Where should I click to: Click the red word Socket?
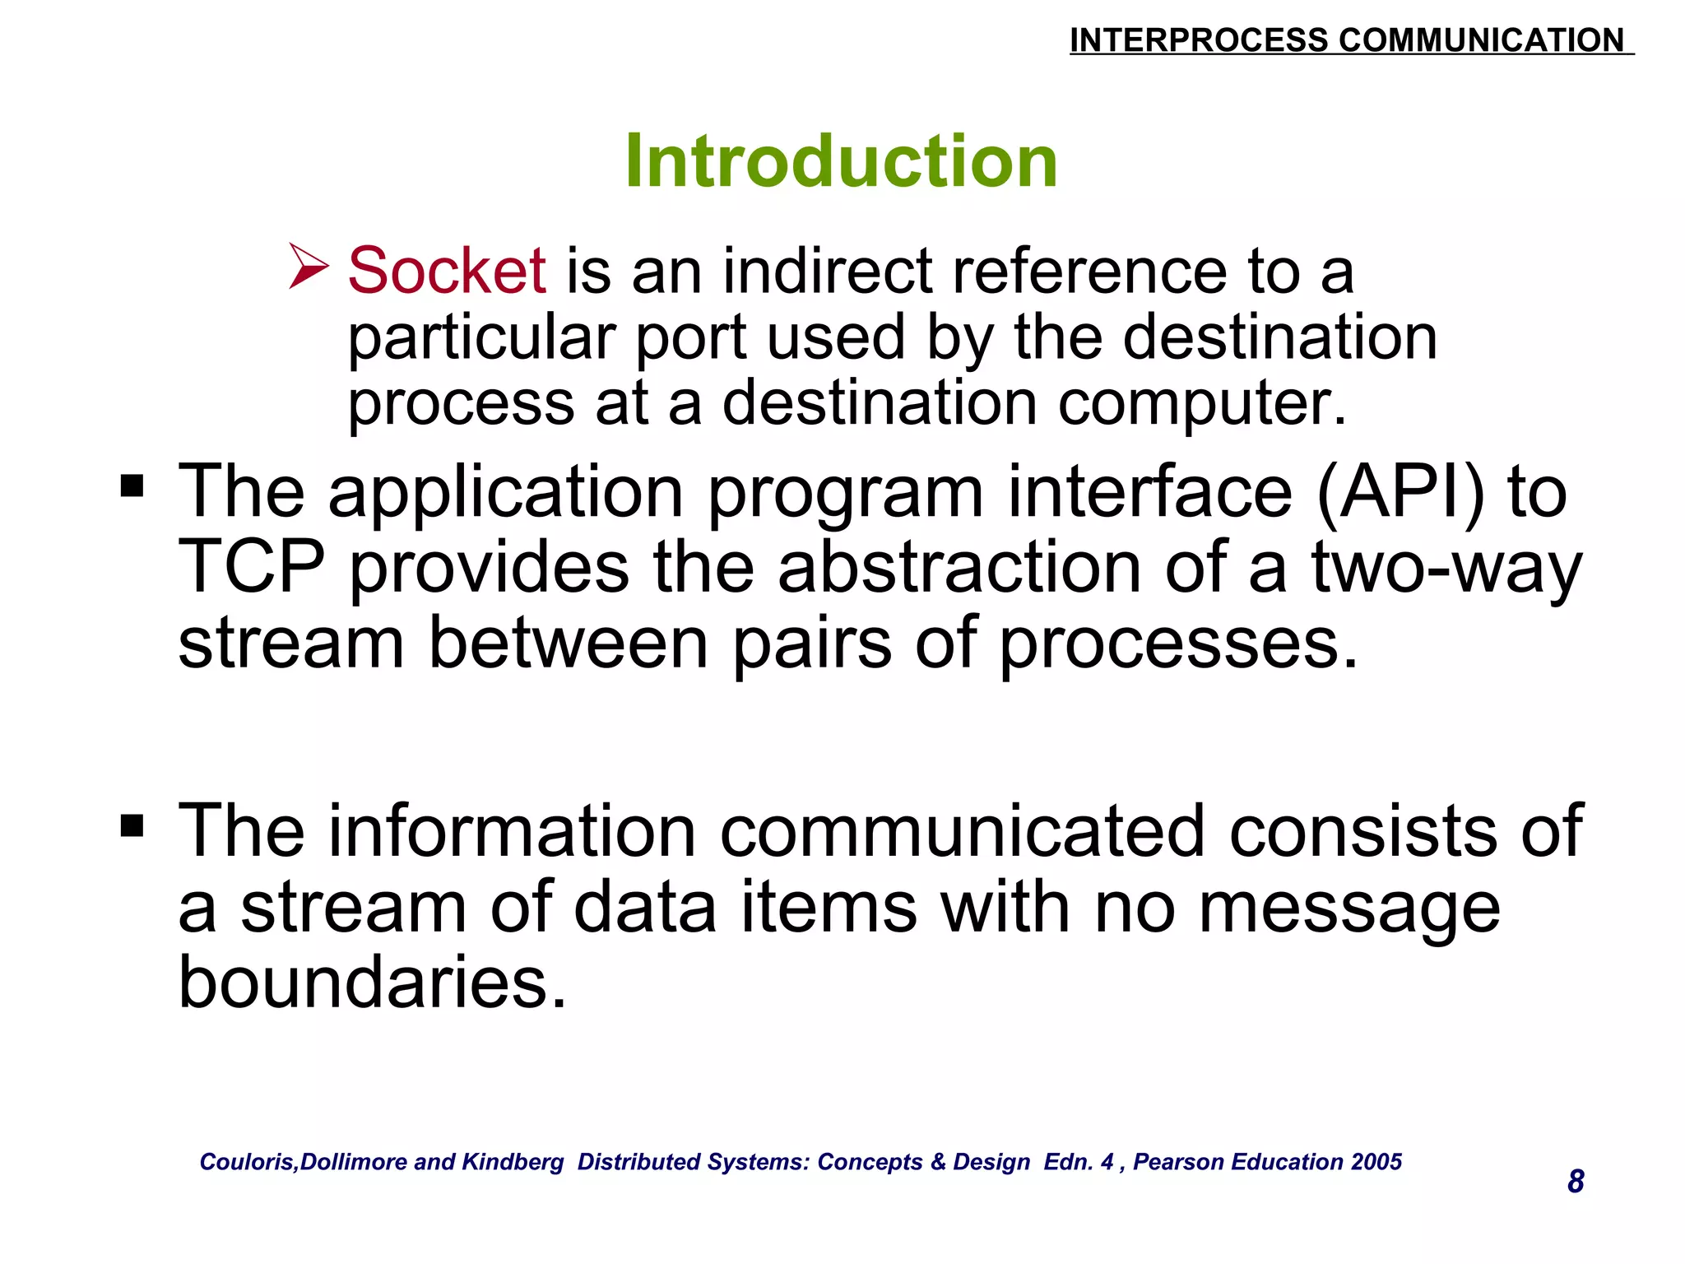[447, 271]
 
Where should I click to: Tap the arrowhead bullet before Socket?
[309, 266]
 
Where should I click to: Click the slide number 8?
[1576, 1181]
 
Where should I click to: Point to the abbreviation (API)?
[1400, 491]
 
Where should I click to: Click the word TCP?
[252, 567]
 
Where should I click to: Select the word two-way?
[1446, 567]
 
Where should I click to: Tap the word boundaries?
[373, 982]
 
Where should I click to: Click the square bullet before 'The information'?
[132, 825]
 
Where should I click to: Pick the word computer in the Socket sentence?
[1201, 403]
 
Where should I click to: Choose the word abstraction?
[959, 567]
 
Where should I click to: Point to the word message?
[1349, 908]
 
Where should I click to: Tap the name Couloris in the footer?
[248, 1162]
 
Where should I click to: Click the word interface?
[1149, 491]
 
